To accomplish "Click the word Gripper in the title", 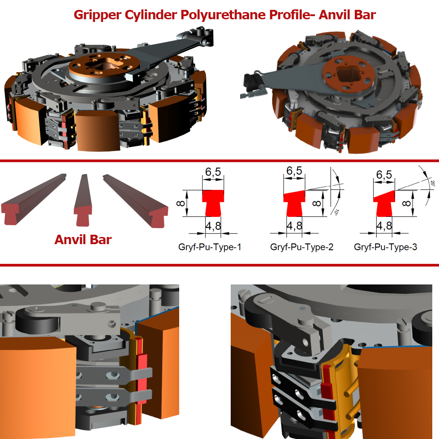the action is click(x=98, y=15).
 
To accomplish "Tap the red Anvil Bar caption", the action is click(x=83, y=240).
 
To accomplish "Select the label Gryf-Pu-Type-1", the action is click(x=210, y=247).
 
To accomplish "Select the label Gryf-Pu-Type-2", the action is click(x=302, y=247).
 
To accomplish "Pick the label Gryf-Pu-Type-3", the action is click(x=386, y=247).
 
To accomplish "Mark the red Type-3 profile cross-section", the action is click(x=384, y=204).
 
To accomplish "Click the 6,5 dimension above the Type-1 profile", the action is click(x=213, y=172).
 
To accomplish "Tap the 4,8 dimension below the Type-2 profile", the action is click(x=295, y=226).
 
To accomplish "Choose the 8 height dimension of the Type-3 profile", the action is click(x=406, y=203).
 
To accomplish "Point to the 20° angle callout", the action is click(x=433, y=183).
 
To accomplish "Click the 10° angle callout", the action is click(x=336, y=212).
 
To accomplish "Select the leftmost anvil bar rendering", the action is click(x=34, y=199).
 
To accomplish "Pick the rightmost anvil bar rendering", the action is click(x=136, y=201).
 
